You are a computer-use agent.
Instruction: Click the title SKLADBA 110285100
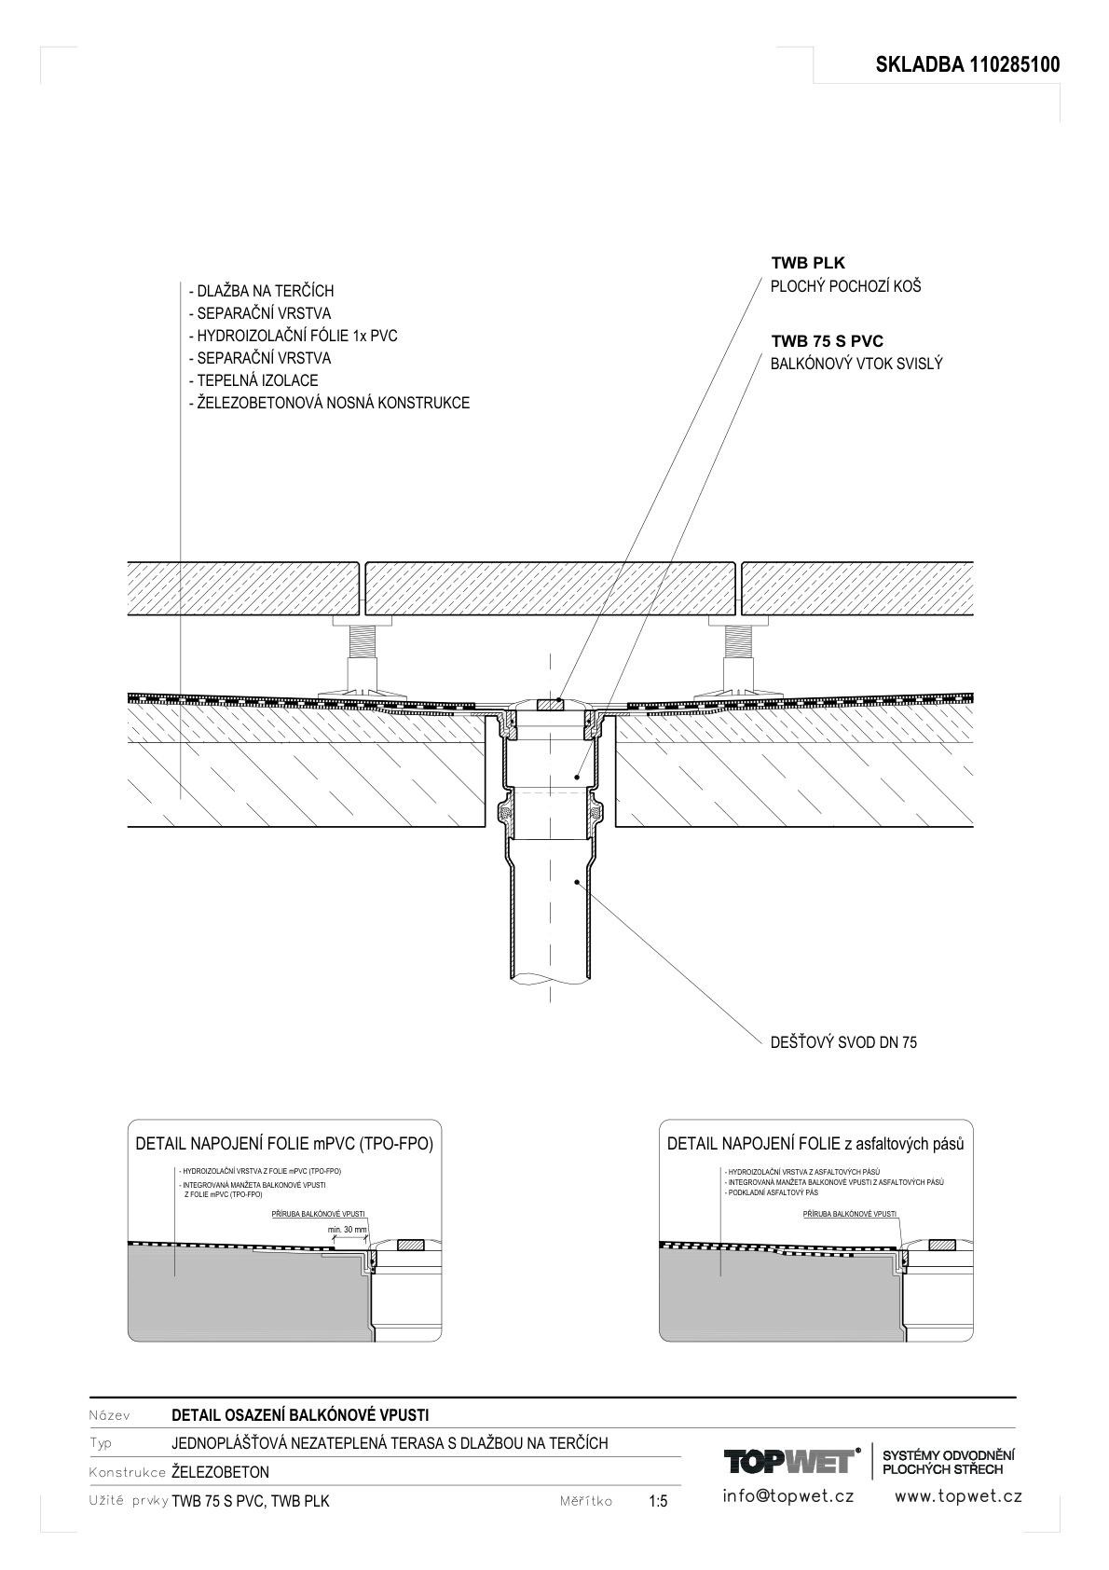click(967, 65)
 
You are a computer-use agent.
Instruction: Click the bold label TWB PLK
click(808, 264)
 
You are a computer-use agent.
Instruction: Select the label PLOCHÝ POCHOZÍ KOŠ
click(845, 286)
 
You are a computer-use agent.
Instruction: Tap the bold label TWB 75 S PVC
click(828, 342)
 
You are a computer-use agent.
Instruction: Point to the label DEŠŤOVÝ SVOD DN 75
click(843, 1042)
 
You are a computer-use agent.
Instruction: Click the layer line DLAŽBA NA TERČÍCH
click(261, 291)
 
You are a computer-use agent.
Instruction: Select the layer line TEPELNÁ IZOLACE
click(253, 380)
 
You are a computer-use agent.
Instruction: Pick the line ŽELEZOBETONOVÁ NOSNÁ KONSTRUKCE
click(329, 403)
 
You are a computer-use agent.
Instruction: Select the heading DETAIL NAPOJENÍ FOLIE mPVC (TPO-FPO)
click(284, 1144)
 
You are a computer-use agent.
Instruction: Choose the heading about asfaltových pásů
click(815, 1144)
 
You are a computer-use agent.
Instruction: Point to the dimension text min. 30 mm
click(348, 1230)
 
